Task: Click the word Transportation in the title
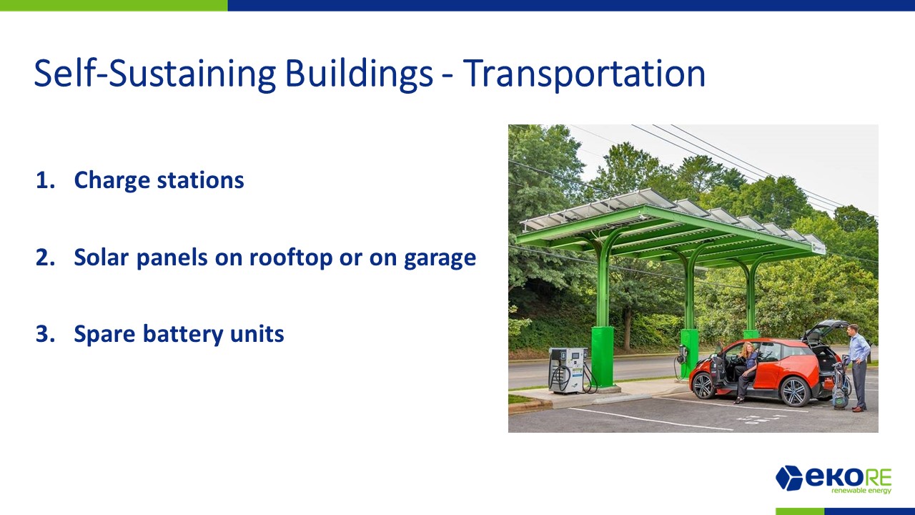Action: tap(584, 74)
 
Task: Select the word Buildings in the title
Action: tap(359, 74)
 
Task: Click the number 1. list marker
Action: tap(45, 180)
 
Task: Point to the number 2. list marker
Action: tap(45, 257)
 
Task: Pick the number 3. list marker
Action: tap(45, 334)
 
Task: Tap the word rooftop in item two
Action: tap(291, 258)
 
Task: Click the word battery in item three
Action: tap(183, 335)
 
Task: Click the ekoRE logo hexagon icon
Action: tap(789, 477)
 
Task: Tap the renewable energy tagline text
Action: tap(861, 491)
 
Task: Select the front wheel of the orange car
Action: tap(703, 386)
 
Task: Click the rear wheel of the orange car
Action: tap(794, 391)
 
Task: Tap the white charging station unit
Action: tap(568, 371)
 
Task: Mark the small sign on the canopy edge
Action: tap(818, 247)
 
